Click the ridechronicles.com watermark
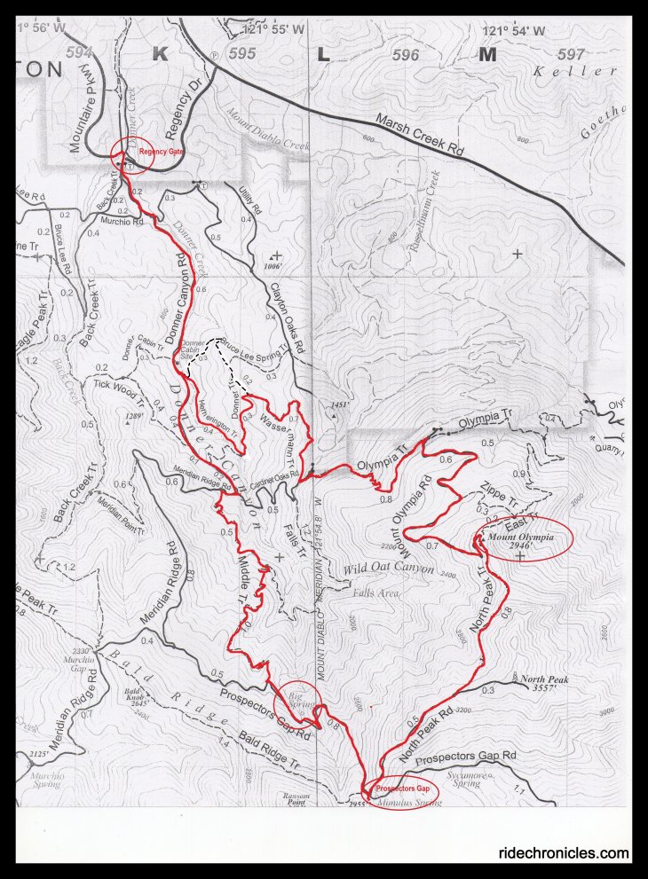point(564,853)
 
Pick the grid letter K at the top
point(159,54)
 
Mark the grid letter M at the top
point(486,54)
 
